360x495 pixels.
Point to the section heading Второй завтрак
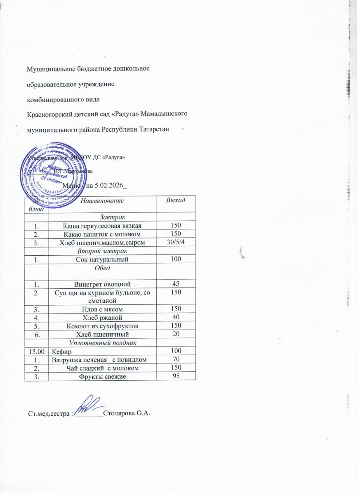point(102,251)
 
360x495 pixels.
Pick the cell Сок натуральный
point(102,259)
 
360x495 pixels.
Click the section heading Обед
point(102,268)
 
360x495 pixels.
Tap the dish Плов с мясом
point(102,309)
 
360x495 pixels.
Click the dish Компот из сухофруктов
point(102,325)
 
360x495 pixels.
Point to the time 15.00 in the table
point(36,351)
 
